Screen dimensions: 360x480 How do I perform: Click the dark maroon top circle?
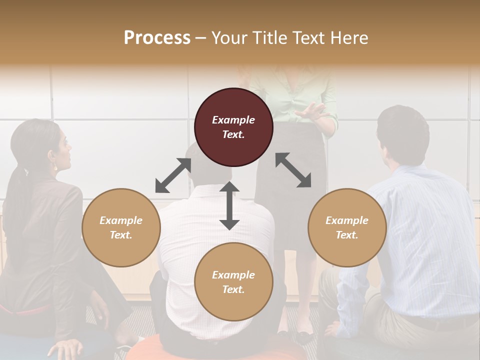coord(233,127)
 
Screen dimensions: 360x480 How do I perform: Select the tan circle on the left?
coord(121,227)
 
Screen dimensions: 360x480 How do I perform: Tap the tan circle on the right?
coord(346,227)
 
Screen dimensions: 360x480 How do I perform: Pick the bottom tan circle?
coord(233,282)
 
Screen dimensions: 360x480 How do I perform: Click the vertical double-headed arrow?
coord(229,205)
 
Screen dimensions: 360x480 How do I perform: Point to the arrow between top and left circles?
coord(173,175)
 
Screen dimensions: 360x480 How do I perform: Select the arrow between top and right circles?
coord(293,170)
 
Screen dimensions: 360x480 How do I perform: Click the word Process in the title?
coord(157,37)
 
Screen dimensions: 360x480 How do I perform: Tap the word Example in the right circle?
coord(346,220)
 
